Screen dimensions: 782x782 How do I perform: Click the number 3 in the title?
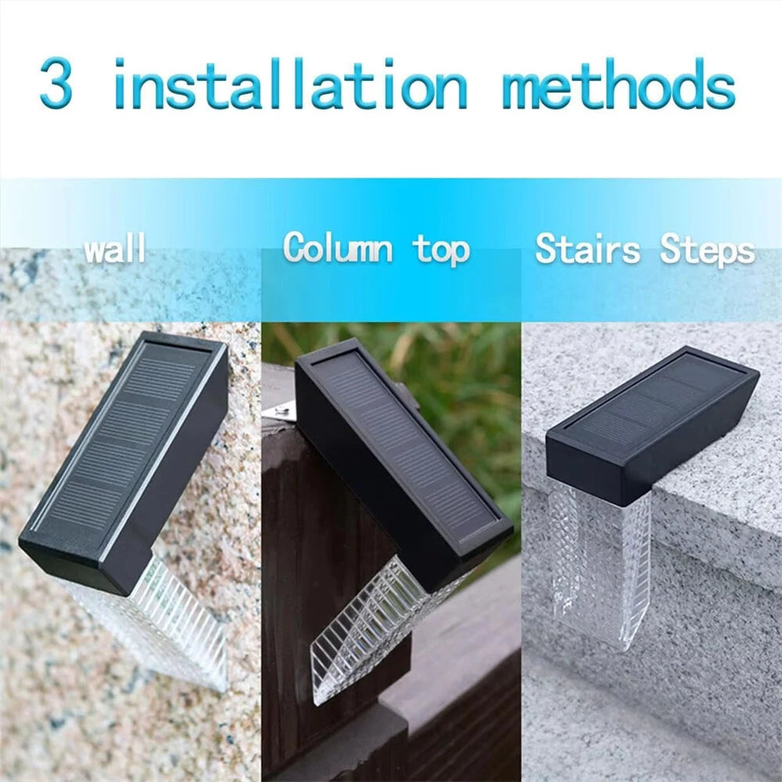56,84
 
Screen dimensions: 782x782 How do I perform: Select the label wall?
116,250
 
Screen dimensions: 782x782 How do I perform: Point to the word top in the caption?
442,250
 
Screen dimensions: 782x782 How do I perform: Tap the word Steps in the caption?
708,250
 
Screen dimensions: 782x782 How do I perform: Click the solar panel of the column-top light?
407,446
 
